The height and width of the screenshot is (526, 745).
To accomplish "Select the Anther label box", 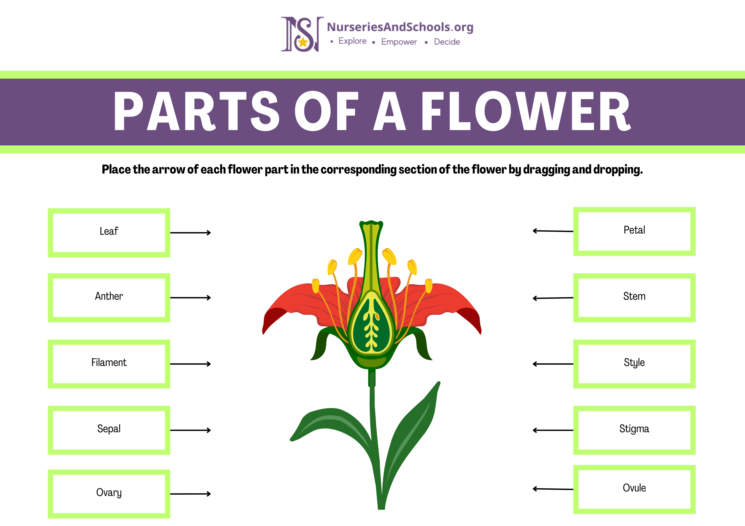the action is point(109,297).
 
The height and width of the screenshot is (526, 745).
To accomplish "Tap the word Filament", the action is point(109,362).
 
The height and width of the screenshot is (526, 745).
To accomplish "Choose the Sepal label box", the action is point(109,430).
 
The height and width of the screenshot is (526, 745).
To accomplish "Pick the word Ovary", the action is point(109,493).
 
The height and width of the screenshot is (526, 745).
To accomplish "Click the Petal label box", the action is point(634,231).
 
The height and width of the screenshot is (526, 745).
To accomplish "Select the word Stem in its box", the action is point(634,296).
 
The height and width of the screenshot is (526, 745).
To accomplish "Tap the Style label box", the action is point(634,364).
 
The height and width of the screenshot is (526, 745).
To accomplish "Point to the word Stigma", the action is point(634,429).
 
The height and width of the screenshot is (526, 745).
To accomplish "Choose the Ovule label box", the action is point(634,489).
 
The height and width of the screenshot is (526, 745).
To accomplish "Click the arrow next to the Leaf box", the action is point(190,233).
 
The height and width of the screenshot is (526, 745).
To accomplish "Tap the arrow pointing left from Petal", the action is point(553,231).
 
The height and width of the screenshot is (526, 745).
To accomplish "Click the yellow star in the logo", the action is point(303,42).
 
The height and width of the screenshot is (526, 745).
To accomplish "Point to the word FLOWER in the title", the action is point(526,111).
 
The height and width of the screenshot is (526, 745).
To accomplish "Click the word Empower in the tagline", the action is point(399,42).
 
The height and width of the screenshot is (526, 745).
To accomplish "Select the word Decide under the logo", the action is point(447,42).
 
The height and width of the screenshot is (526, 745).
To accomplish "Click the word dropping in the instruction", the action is point(618,169).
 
